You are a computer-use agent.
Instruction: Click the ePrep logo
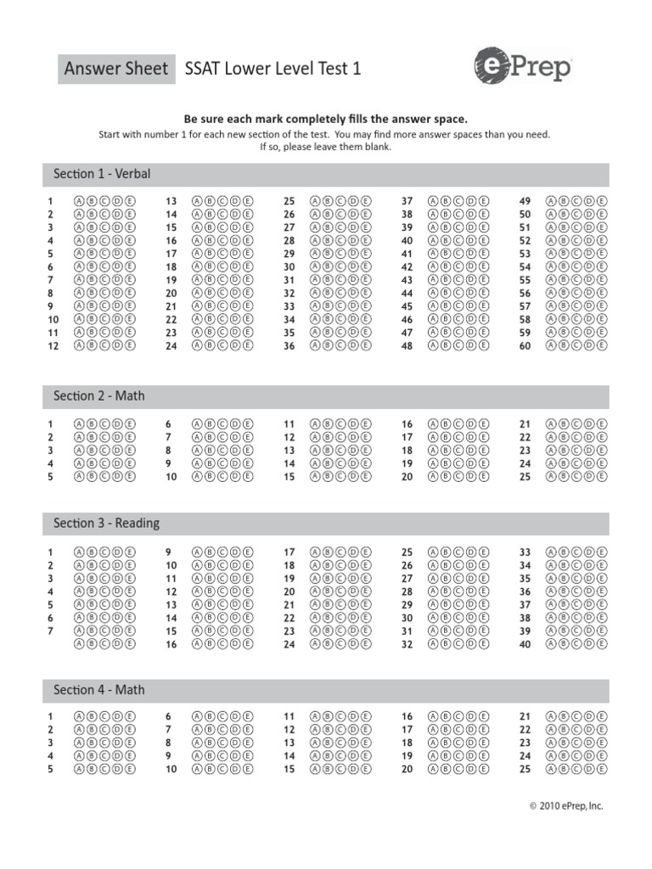click(523, 67)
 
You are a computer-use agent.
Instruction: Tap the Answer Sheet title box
click(116, 69)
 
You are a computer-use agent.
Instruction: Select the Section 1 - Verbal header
click(102, 174)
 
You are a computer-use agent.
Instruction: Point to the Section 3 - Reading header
click(106, 523)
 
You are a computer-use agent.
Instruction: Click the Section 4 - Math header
click(98, 690)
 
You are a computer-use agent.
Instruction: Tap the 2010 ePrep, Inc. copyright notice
click(565, 805)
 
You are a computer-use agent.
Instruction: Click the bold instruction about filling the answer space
click(326, 120)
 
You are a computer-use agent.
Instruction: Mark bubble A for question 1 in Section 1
click(80, 201)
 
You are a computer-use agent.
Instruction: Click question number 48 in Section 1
click(407, 346)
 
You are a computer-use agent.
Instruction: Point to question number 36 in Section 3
click(525, 591)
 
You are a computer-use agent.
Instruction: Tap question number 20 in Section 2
click(407, 477)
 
